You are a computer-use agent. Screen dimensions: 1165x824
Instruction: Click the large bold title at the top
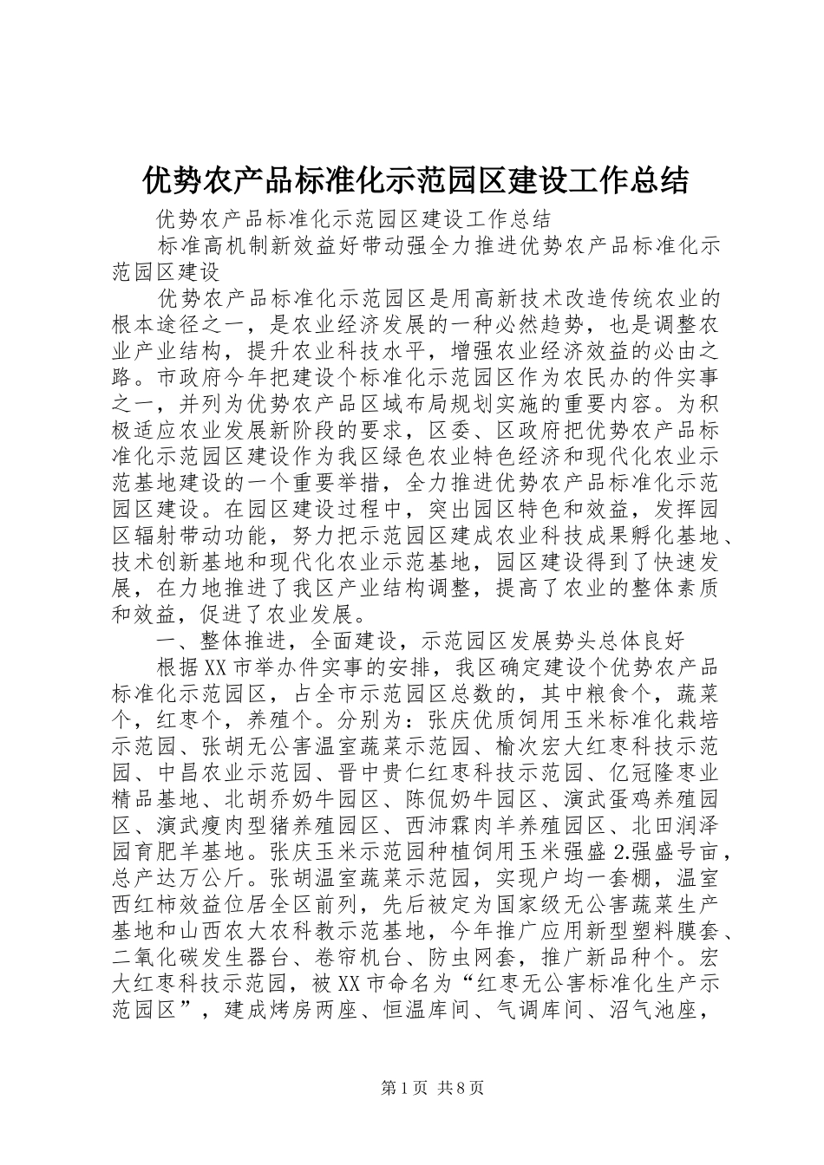click(x=415, y=180)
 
